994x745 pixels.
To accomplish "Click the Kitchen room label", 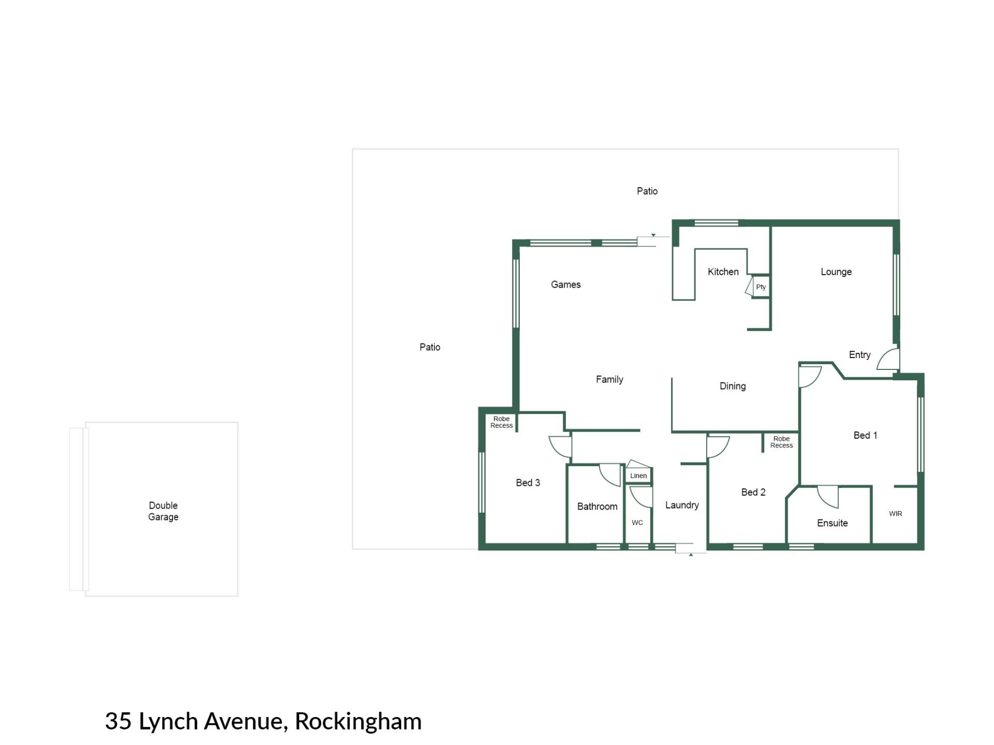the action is [723, 272].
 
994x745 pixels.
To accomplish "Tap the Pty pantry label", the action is [761, 287].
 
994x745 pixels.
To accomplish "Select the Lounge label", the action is [836, 272].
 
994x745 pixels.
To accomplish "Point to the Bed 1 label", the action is [865, 436].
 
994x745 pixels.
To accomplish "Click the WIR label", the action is [896, 514].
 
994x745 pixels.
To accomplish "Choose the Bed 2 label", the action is [753, 493].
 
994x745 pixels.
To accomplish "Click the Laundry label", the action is [682, 505].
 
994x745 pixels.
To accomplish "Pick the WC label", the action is [637, 523].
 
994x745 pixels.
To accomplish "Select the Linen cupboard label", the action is [638, 476].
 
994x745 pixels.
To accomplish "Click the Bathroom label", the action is [597, 507].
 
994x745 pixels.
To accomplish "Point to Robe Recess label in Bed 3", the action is [502, 422].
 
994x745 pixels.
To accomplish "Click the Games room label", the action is [566, 285].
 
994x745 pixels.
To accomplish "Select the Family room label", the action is [609, 380].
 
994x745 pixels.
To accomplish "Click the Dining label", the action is [733, 386].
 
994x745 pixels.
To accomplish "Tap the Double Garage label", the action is [163, 511].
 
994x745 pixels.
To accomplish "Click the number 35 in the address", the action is [119, 721].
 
